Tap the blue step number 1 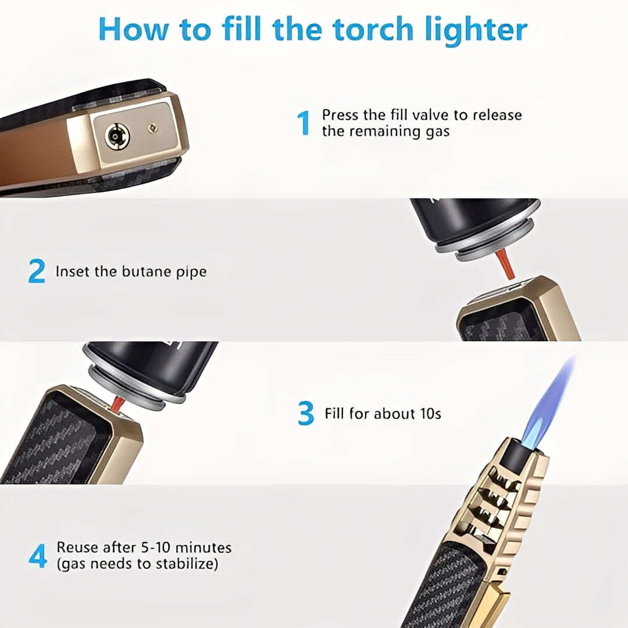click(304, 123)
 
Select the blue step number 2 click(37, 272)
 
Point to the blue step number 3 click(306, 414)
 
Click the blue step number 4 click(38, 556)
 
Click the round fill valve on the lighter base click(117, 137)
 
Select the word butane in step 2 click(148, 272)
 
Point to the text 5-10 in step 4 click(156, 548)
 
